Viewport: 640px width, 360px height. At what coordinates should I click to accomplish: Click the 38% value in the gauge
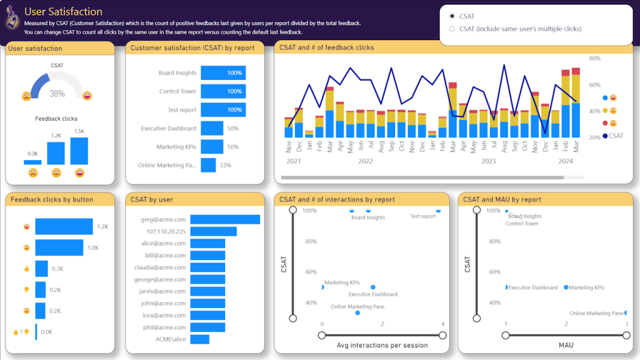click(57, 94)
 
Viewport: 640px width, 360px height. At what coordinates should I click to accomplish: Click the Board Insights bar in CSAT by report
click(223, 73)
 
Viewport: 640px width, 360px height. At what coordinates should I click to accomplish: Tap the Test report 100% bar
click(223, 110)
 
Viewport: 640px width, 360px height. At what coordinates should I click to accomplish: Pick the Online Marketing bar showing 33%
click(208, 165)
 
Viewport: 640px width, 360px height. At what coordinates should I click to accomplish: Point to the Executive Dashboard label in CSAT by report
click(169, 128)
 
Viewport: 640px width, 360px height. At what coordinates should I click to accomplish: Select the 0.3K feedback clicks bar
click(32, 162)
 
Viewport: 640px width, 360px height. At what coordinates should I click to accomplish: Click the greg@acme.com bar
click(225, 219)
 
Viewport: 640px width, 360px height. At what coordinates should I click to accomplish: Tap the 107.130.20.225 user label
click(166, 231)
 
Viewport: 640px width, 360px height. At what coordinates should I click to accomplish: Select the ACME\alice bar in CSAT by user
click(199, 339)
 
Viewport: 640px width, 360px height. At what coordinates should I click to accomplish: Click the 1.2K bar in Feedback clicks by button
click(64, 227)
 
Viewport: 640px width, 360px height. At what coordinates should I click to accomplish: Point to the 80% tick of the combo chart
click(594, 58)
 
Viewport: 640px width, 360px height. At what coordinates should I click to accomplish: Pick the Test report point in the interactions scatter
click(438, 211)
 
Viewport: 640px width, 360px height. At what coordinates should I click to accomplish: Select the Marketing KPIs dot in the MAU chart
click(566, 287)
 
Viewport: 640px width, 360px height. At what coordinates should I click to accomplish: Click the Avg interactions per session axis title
click(382, 345)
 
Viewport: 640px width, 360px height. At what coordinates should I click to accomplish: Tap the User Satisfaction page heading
click(63, 11)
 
